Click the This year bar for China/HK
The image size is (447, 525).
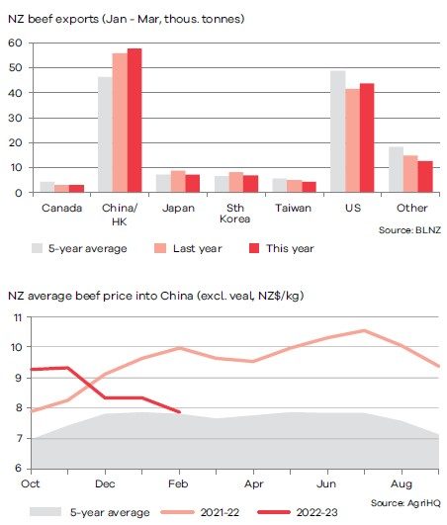tap(134, 121)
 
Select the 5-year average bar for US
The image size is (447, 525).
tap(338, 131)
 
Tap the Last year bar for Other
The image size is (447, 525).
tap(410, 174)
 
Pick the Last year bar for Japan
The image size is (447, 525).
tap(178, 181)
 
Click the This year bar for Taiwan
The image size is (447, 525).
tap(310, 187)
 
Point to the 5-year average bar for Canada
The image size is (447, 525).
tap(47, 187)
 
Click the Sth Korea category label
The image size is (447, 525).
tap(235, 214)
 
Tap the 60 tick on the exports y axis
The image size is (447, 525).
tap(15, 43)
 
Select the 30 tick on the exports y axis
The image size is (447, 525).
tap(15, 118)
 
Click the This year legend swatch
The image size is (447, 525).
tap(254, 248)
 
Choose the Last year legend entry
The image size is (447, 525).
tap(188, 248)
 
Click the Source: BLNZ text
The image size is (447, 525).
tap(409, 230)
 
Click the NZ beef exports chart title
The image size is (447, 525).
tap(127, 19)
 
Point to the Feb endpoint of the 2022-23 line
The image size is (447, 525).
tap(179, 412)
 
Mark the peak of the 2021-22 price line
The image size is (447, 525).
tap(364, 331)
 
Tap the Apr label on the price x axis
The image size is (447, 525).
tap(254, 483)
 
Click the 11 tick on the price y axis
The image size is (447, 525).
tap(18, 317)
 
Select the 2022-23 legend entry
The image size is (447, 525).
tap(298, 512)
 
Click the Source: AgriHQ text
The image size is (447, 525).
tap(405, 503)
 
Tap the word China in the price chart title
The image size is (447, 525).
tap(176, 296)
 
